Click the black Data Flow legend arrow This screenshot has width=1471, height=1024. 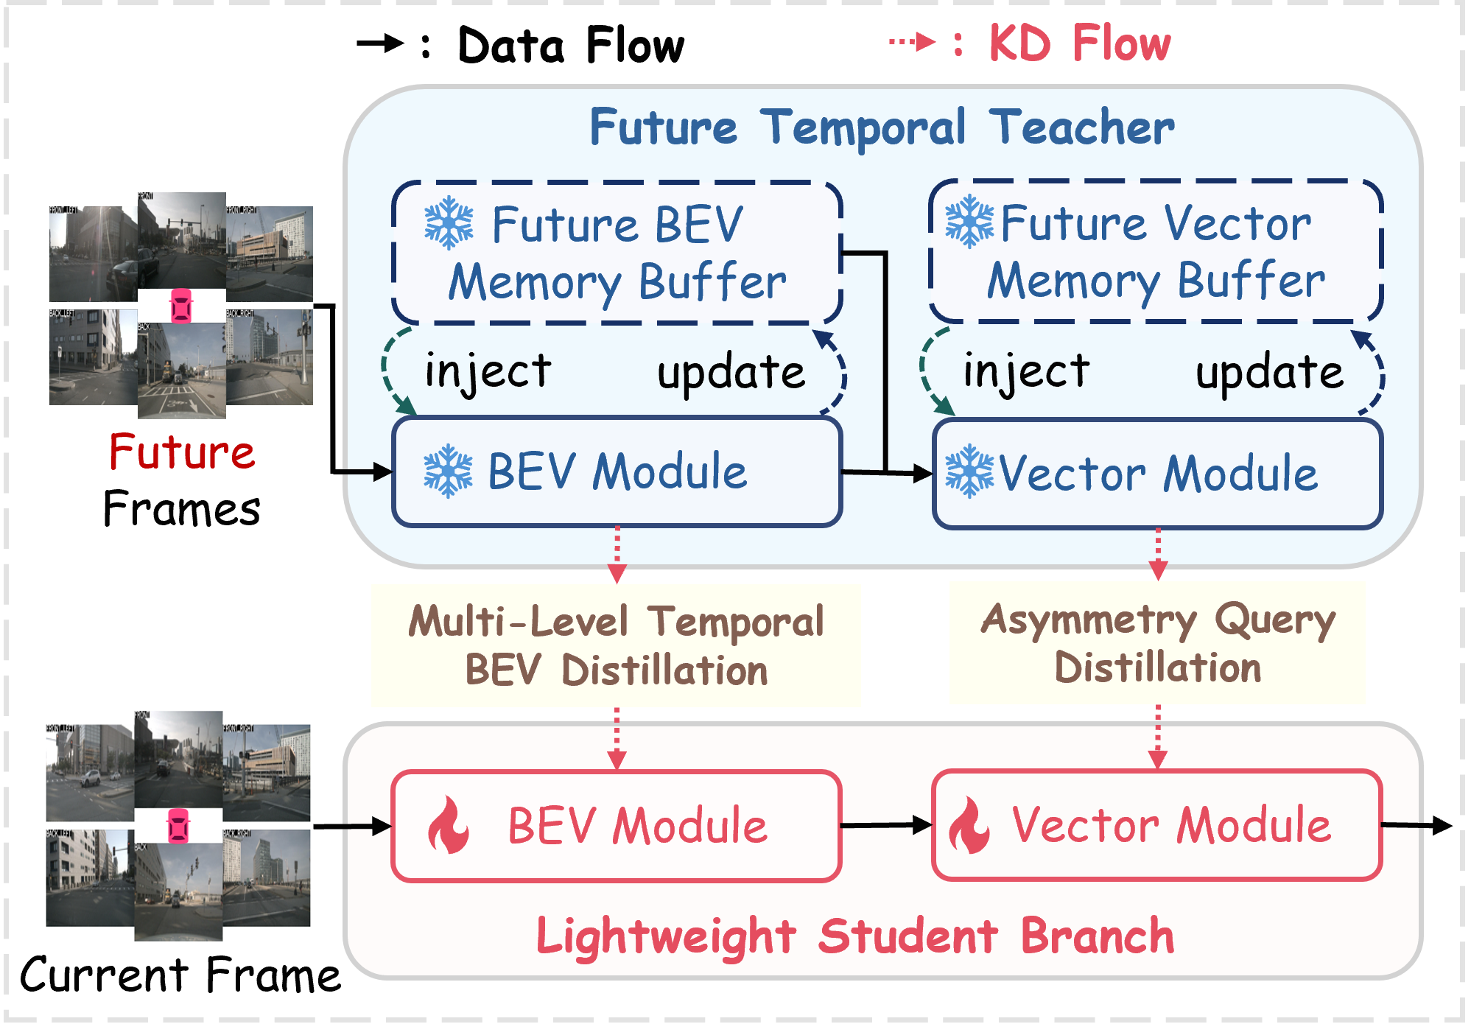pyautogui.click(x=380, y=44)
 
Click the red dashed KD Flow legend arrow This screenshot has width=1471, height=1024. pyautogui.click(x=912, y=42)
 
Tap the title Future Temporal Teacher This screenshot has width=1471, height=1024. pyautogui.click(x=882, y=127)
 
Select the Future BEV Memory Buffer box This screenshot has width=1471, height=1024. pyautogui.click(x=617, y=253)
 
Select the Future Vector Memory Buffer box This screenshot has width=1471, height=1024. pyautogui.click(x=1156, y=251)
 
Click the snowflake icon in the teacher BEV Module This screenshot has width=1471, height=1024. pyautogui.click(x=448, y=471)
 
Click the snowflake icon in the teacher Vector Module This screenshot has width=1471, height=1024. pyautogui.click(x=969, y=471)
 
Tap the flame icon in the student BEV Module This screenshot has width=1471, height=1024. pyautogui.click(x=448, y=825)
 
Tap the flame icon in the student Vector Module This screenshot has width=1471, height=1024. pyautogui.click(x=969, y=825)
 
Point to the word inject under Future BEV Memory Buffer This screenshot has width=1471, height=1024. pyautogui.click(x=488, y=371)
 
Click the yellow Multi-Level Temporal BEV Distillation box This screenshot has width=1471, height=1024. pyautogui.click(x=616, y=645)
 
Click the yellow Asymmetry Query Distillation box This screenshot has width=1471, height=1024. pyautogui.click(x=1156, y=642)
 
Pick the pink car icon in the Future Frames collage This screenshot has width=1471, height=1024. pyautogui.click(x=181, y=305)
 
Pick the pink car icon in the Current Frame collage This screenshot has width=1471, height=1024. pyautogui.click(x=178, y=825)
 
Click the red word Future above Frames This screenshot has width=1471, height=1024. pyautogui.click(x=182, y=452)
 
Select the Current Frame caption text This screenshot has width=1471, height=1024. pyautogui.click(x=180, y=975)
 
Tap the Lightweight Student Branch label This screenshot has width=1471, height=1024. pyautogui.click(x=854, y=936)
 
